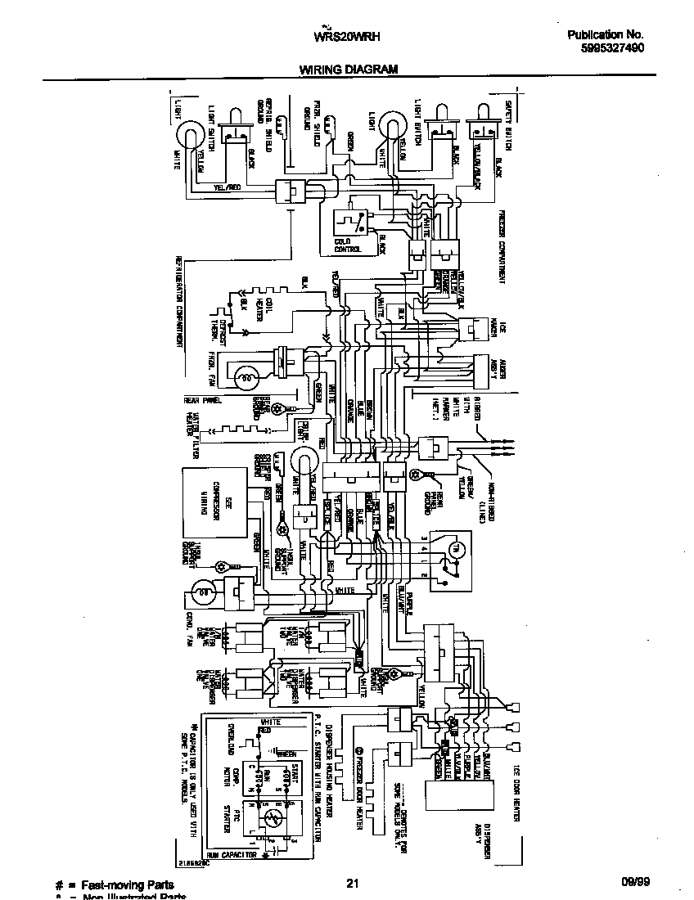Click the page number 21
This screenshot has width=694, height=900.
point(352,883)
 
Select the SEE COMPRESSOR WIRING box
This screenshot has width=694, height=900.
point(211,507)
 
